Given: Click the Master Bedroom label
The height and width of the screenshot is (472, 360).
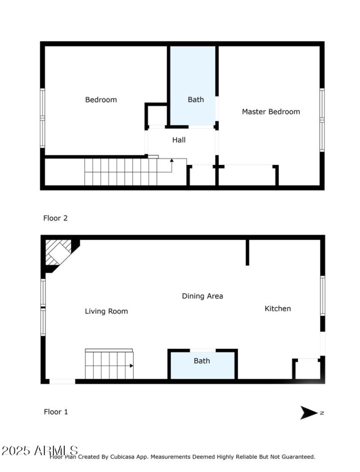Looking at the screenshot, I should [x=271, y=112].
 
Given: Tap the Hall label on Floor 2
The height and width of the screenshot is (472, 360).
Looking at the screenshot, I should [x=179, y=140].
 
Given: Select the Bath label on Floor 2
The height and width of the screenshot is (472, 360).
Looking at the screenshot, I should [x=195, y=100].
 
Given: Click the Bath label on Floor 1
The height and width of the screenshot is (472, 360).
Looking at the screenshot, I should [x=202, y=361].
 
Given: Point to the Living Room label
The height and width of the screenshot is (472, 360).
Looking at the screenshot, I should [x=106, y=311].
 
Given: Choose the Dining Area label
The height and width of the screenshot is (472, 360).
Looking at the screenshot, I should [x=202, y=296].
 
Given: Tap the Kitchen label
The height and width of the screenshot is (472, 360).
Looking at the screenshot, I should [x=278, y=309].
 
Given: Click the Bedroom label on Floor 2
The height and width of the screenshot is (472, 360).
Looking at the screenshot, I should [x=101, y=100].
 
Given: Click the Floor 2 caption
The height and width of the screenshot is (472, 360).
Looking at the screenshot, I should [x=55, y=218].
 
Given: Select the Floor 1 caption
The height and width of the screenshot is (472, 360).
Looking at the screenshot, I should [x=56, y=412].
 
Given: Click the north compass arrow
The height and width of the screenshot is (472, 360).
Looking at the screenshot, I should [x=309, y=413].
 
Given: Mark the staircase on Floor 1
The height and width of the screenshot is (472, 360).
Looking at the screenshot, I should [x=109, y=365].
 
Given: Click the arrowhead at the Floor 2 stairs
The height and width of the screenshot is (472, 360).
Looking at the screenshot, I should [x=171, y=160].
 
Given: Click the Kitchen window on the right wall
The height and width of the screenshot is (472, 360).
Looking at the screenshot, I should [x=323, y=295].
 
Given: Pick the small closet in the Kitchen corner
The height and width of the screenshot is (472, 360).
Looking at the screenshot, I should [x=307, y=369].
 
